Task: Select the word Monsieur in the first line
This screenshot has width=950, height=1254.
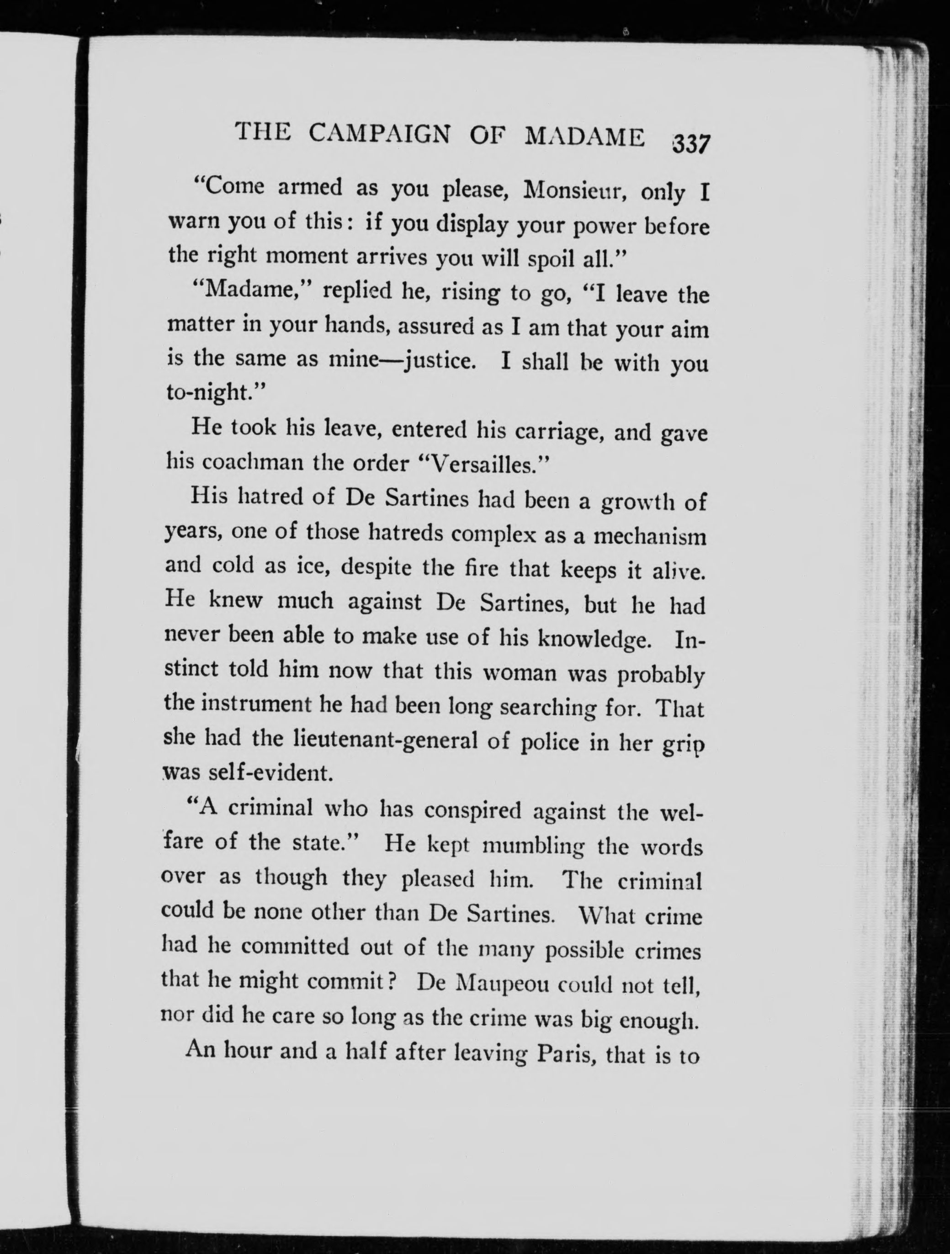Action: tap(573, 190)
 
